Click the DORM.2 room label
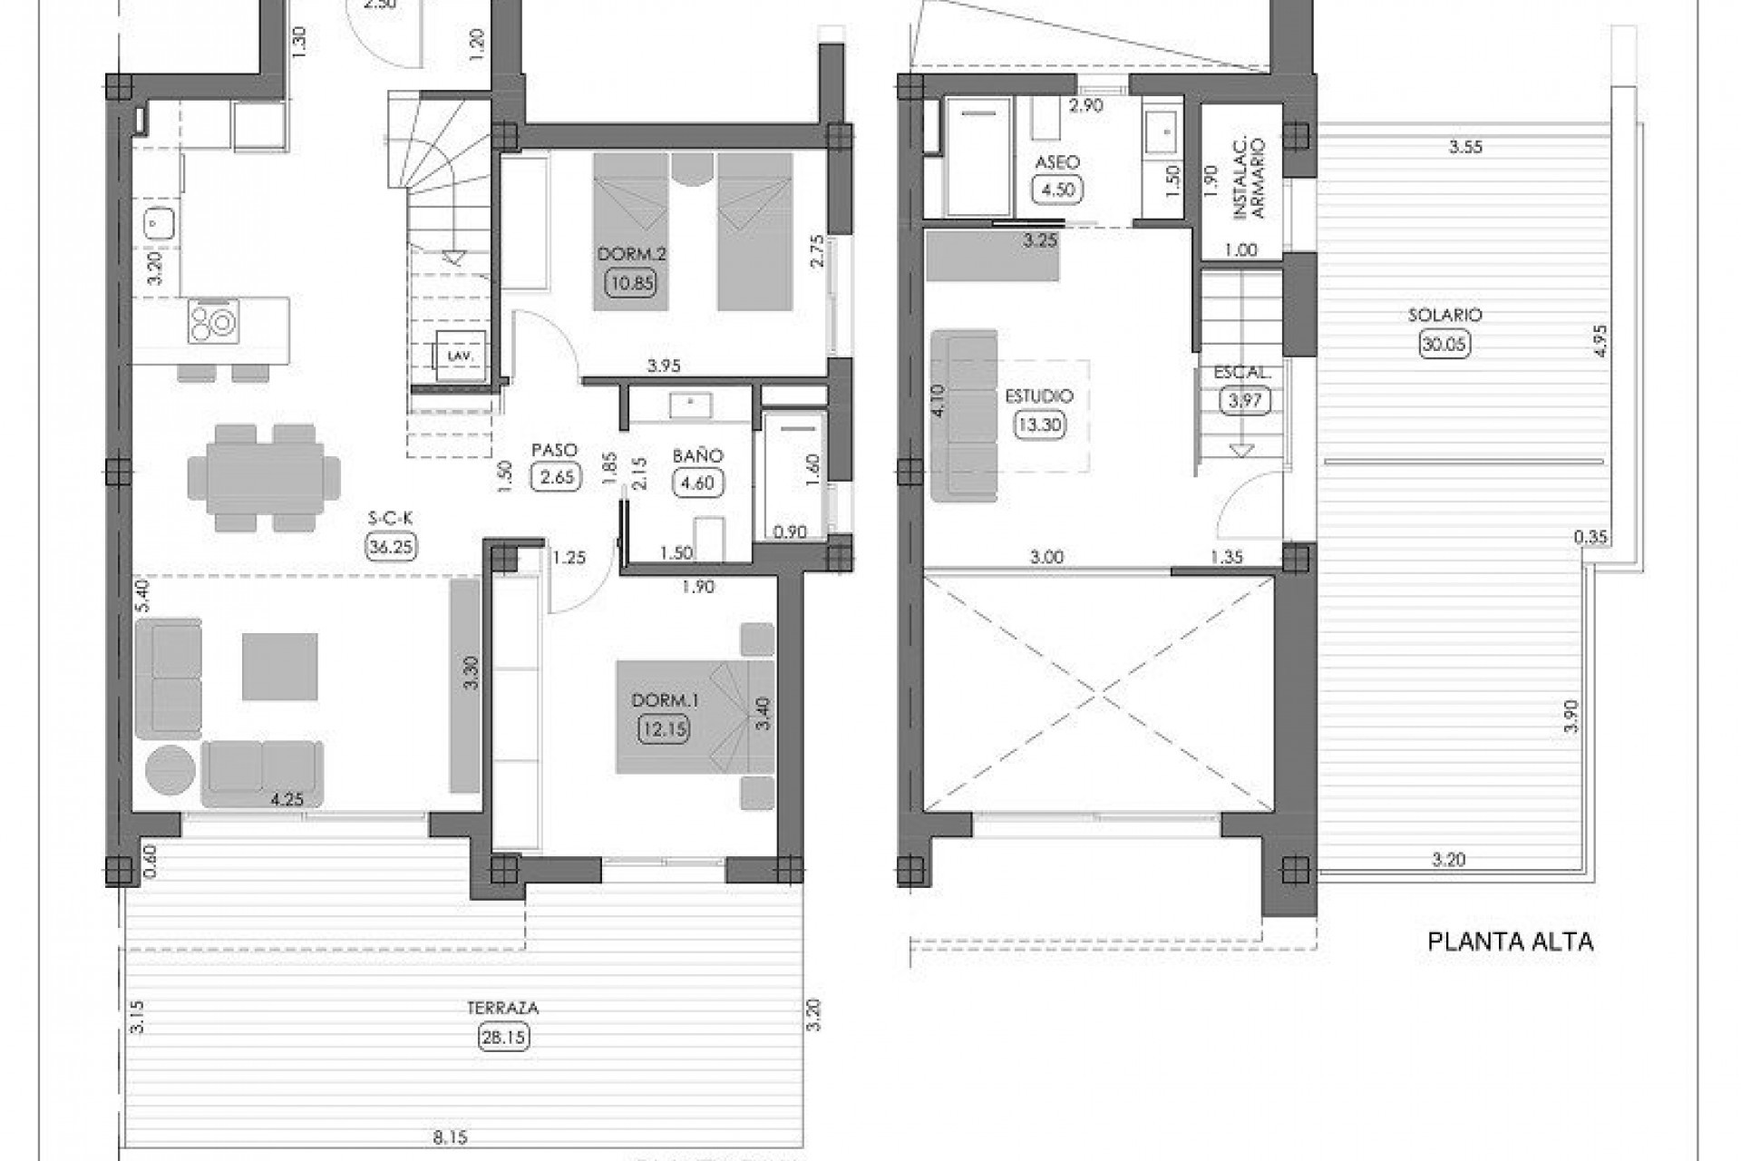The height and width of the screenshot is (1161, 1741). tap(631, 254)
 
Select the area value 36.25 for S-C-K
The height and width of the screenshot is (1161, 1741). tap(392, 546)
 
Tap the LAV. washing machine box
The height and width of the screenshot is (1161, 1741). tap(461, 356)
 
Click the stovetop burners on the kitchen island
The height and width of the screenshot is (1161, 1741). tap(214, 321)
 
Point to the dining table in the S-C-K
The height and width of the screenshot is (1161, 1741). tap(264, 476)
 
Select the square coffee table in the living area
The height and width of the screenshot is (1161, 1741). tap(279, 667)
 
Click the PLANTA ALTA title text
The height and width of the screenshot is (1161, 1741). tap(1510, 941)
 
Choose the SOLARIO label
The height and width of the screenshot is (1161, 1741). tap(1444, 315)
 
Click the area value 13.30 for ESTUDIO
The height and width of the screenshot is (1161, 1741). tap(1039, 424)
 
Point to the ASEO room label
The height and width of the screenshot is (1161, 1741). tap(1057, 162)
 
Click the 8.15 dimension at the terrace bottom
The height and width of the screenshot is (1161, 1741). tap(451, 1136)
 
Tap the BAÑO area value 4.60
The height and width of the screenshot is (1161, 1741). tap(697, 483)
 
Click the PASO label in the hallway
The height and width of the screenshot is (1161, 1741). tap(555, 450)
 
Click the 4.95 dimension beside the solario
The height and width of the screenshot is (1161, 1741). tap(1600, 340)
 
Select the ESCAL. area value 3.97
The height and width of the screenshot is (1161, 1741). tap(1244, 400)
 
